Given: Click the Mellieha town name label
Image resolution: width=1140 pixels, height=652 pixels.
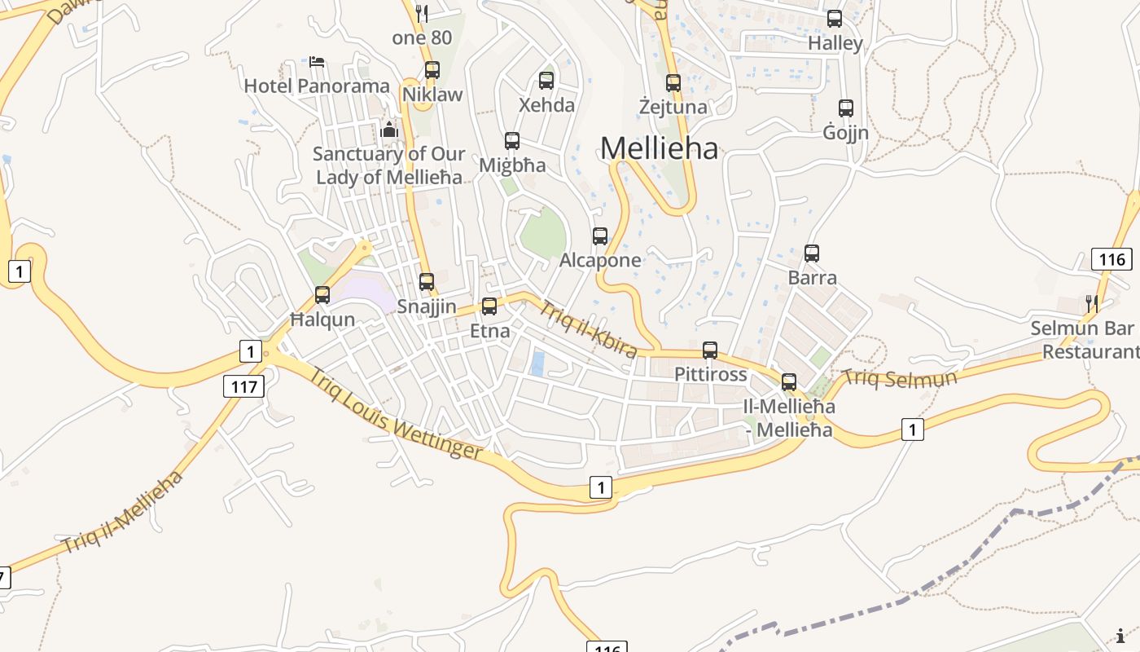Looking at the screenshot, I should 660,148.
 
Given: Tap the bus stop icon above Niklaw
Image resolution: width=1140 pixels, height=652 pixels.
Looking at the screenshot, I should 432,70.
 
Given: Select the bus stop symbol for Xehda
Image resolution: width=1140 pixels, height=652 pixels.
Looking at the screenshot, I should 546,81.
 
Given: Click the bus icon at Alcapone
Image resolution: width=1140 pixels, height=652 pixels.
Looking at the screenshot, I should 600,236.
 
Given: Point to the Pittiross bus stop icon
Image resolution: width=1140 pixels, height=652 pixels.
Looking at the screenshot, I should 710,350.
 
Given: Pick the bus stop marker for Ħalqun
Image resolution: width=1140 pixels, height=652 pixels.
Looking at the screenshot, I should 322,295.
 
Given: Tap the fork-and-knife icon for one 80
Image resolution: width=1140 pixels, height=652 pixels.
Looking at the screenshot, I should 422,13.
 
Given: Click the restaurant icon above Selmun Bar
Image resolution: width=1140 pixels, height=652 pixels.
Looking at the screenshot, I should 1092,304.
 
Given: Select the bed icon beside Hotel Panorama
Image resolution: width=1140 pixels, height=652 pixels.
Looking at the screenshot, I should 317,61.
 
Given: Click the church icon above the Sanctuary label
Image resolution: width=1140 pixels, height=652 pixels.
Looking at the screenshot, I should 389,130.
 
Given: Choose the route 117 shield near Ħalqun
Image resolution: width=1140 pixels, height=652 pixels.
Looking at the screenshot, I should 244,386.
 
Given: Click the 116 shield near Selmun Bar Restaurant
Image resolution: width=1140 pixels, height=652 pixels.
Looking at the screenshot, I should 1111,260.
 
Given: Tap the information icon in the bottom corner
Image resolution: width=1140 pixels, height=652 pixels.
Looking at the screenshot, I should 1121,636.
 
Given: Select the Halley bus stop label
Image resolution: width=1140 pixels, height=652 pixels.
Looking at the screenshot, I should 835,43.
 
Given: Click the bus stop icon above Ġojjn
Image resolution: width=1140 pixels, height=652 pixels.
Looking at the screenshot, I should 846,108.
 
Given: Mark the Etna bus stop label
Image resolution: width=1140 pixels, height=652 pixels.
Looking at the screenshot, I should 490,331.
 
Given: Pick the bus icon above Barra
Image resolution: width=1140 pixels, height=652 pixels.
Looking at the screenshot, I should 812,253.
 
